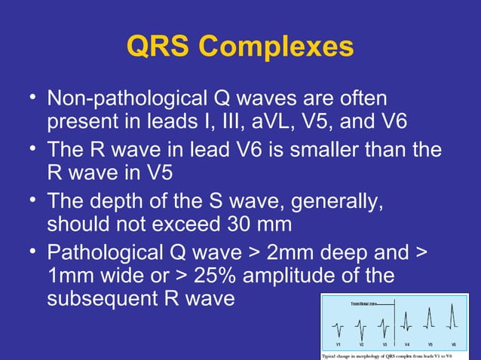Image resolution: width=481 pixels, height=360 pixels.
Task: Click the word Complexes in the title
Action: [280, 47]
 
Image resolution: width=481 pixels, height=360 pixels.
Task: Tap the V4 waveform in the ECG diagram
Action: [405, 324]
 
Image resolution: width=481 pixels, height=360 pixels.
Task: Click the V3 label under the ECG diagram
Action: [384, 344]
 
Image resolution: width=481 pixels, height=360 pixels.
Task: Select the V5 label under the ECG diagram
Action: [430, 344]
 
